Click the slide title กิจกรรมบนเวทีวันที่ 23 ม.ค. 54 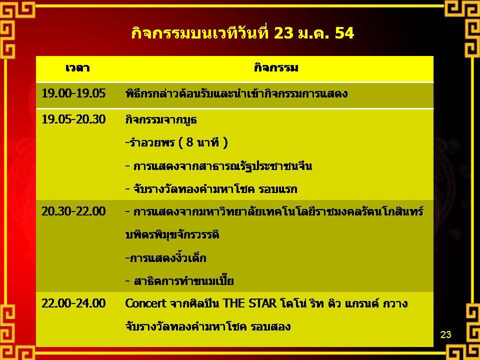coord(243,33)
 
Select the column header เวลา coord(77,67)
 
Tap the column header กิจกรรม coord(276,67)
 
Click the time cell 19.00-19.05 coord(73,93)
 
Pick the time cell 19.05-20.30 coord(73,119)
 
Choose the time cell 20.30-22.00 coord(73,211)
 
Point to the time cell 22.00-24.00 coord(73,303)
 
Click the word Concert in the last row coord(145,303)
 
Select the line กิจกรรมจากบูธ coord(161,119)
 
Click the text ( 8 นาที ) coord(203,142)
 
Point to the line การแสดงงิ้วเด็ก coord(166,258)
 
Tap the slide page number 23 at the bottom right coord(445,334)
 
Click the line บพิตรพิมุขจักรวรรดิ coord(172,235)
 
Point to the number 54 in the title coord(344,33)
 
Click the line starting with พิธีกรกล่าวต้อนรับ coord(236,93)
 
